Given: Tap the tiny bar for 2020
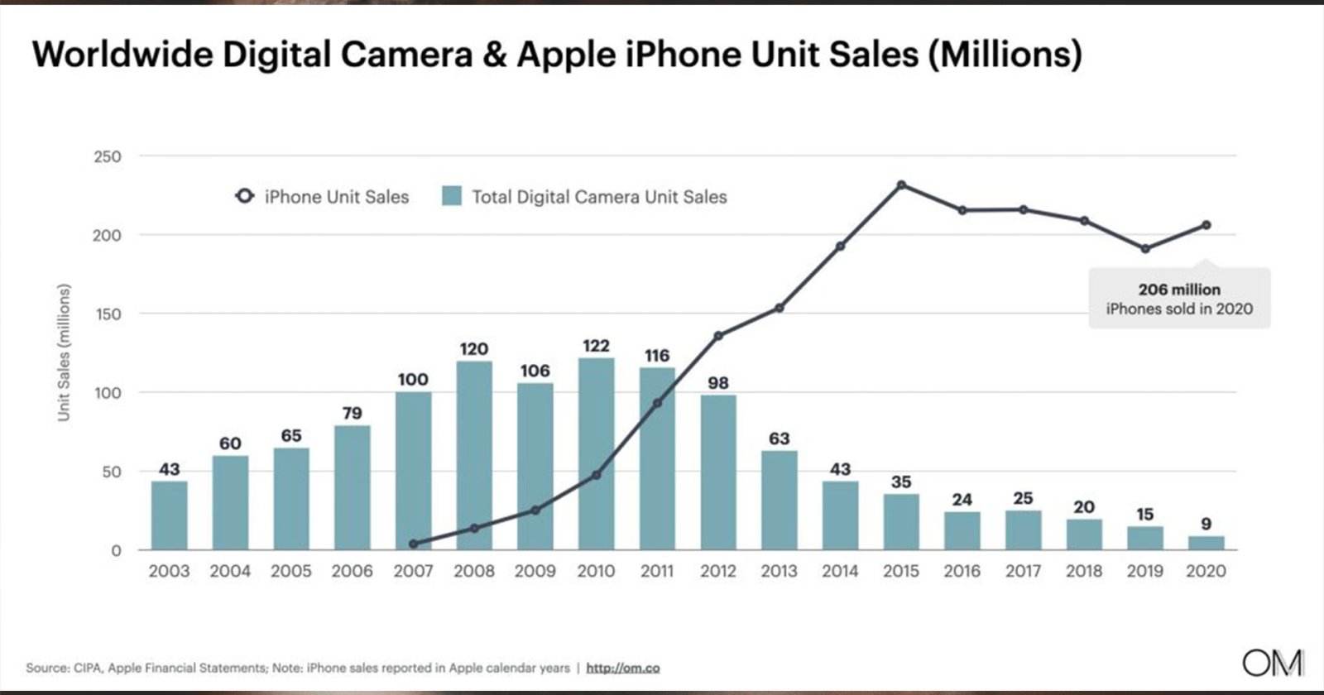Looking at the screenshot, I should pyautogui.click(x=1206, y=543).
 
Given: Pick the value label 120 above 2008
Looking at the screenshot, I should pyautogui.click(x=473, y=349).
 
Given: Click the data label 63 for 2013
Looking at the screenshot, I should pyautogui.click(x=779, y=439).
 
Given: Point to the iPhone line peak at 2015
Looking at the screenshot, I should pyautogui.click(x=901, y=185).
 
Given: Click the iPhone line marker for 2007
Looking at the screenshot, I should pyautogui.click(x=413, y=544).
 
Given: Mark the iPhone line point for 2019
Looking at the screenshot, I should pyautogui.click(x=1144, y=248).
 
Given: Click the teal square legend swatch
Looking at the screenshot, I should pyautogui.click(x=451, y=196).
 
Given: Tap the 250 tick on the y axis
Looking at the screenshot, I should pyautogui.click(x=107, y=156).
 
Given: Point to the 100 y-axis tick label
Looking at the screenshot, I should pyautogui.click(x=107, y=393).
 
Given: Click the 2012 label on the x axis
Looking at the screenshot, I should pyautogui.click(x=717, y=571).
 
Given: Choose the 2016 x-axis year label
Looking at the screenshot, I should pyautogui.click(x=962, y=571).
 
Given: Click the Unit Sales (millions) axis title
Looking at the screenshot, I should pyautogui.click(x=64, y=352).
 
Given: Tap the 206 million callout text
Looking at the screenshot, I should pyautogui.click(x=1179, y=290).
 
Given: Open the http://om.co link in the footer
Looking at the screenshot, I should pyautogui.click(x=622, y=668).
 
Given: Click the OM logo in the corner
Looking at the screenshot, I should pyautogui.click(x=1273, y=662).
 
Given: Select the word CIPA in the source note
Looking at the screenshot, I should pyautogui.click(x=85, y=668).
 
